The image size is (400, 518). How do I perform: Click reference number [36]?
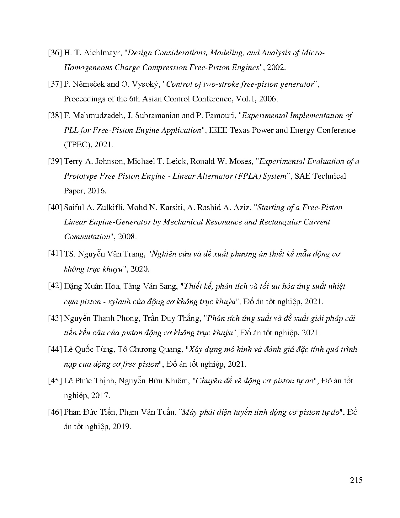[x=55, y=53]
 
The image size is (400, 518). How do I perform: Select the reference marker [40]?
[x=55, y=208]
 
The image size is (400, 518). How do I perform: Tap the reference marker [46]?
[x=55, y=412]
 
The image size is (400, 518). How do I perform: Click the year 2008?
[x=128, y=237]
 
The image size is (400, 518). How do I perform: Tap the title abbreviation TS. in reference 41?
[x=69, y=254]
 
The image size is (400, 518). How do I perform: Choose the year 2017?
[x=100, y=395]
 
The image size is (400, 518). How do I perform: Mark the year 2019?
[x=121, y=427]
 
